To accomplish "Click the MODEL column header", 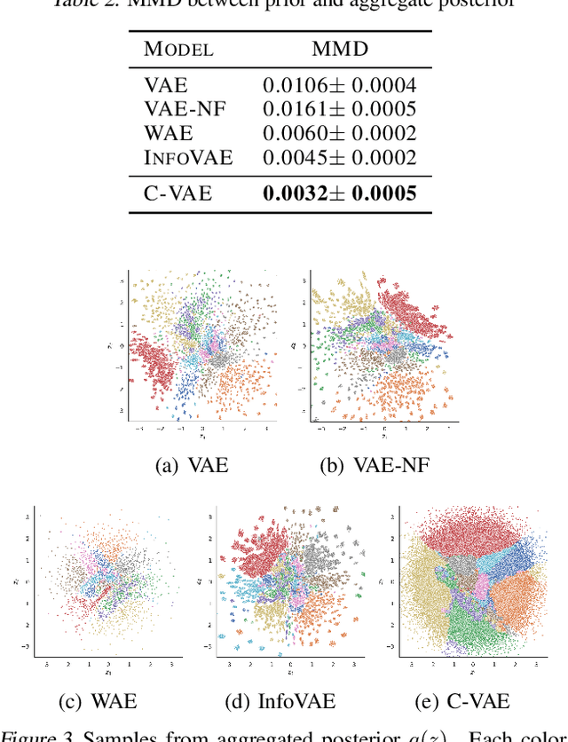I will (178, 49).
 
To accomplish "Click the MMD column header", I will (339, 49).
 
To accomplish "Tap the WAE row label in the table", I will (168, 134).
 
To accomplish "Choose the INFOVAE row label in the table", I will (188, 158).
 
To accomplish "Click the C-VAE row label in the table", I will (177, 193).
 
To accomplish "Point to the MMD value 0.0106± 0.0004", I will (339, 86).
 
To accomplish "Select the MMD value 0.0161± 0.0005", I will (339, 110).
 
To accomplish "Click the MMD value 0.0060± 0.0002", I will (339, 134).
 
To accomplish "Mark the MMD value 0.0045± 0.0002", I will (339, 158).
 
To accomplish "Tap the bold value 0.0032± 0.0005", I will (339, 193).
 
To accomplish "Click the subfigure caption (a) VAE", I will (192, 464).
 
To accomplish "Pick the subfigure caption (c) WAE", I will (98, 701).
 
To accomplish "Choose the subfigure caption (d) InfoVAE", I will (280, 701).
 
